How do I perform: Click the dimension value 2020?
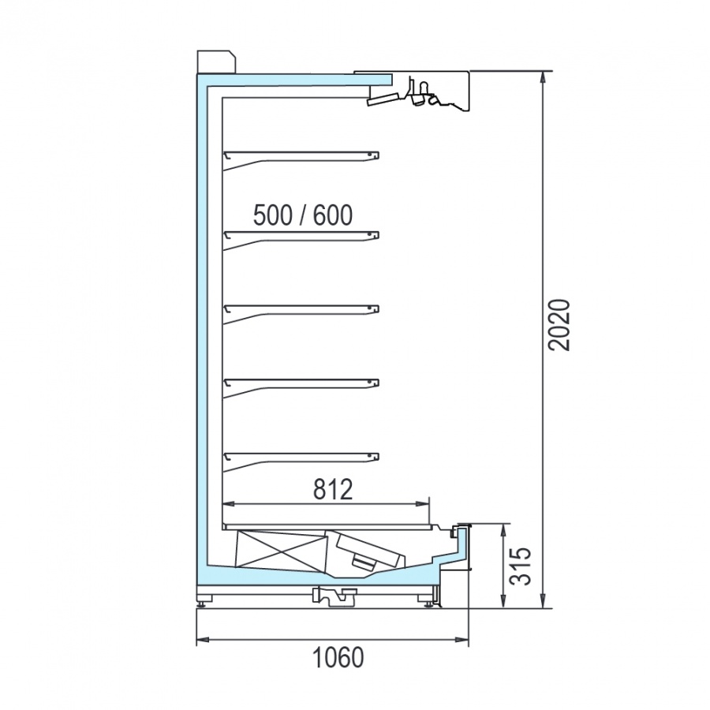559,325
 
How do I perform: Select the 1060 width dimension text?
338,657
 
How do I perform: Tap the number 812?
333,489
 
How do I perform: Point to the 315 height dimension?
519,566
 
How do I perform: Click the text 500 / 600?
302,215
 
